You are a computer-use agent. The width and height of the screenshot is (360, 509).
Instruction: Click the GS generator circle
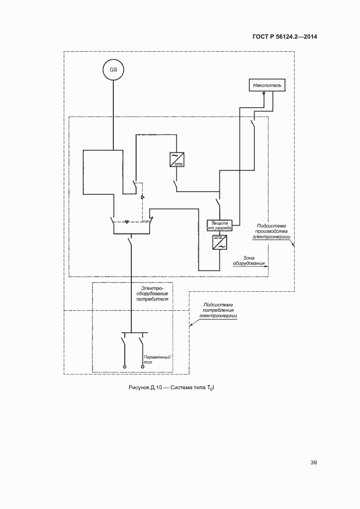[x=113, y=70]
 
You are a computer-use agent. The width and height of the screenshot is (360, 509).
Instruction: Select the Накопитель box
[x=265, y=85]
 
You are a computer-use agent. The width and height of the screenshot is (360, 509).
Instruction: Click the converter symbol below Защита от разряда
[x=220, y=242]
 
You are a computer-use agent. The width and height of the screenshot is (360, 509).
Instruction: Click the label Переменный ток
[x=157, y=359]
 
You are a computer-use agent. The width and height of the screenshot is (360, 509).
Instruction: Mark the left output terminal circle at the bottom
[x=125, y=367]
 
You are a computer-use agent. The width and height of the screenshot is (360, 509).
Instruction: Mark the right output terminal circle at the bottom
[x=143, y=367]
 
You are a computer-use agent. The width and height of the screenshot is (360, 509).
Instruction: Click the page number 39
[x=314, y=463]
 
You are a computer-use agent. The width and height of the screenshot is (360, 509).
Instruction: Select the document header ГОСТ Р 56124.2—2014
[x=284, y=37]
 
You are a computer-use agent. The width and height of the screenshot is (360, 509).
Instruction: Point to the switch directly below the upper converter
[x=176, y=185]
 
